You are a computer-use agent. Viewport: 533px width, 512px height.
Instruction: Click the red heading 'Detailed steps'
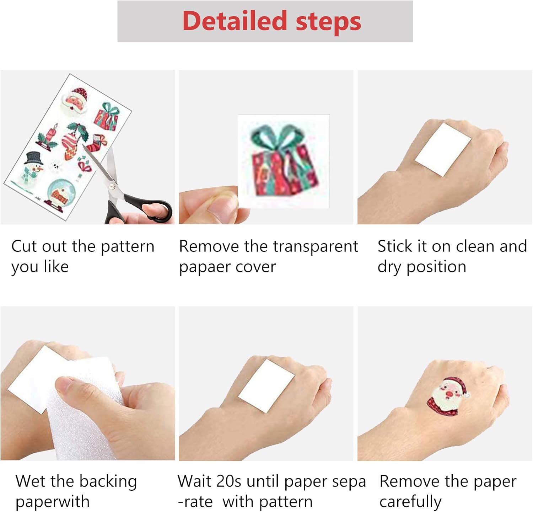pyautogui.click(x=272, y=21)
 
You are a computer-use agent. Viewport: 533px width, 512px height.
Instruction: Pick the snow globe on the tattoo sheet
pyautogui.click(x=61, y=193)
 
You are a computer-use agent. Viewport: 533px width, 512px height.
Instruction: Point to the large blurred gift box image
pyautogui.click(x=284, y=160)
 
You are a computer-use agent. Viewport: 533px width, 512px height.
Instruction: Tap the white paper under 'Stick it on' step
pyautogui.click(x=443, y=149)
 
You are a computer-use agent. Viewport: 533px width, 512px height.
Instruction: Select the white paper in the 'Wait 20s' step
pyautogui.click(x=266, y=386)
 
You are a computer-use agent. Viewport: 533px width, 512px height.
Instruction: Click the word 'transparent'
pyautogui.click(x=315, y=246)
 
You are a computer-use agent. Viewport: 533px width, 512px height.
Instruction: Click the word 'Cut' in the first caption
pyautogui.click(x=24, y=246)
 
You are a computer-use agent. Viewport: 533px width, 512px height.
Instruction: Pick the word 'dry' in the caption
pyautogui.click(x=389, y=267)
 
